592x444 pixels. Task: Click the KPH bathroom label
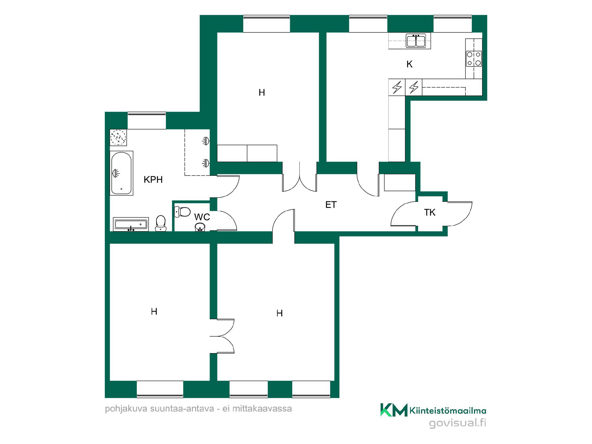pos(153,179)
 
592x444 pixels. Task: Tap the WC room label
pos(202,217)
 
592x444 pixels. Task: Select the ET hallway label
pos(331,205)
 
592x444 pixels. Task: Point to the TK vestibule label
pos(430,212)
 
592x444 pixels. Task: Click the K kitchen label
pos(409,64)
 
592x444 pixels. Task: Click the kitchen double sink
pos(416,40)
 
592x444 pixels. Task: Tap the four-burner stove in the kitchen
pos(474,59)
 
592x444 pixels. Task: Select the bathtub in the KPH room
pos(121,173)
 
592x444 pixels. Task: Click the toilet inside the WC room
pos(182,212)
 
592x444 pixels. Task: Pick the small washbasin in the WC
pos(200,227)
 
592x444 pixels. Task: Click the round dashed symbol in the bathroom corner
pos(118,137)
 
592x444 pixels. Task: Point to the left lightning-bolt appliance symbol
pos(397,87)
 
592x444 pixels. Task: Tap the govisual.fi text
pos(458,423)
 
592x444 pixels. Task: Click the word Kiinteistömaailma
pos(448,410)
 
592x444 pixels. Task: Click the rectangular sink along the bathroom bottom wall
pos(131,224)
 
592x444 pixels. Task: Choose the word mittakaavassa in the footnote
pos(262,409)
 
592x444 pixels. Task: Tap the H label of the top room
pos(262,92)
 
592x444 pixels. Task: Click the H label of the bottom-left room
pos(154,312)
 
